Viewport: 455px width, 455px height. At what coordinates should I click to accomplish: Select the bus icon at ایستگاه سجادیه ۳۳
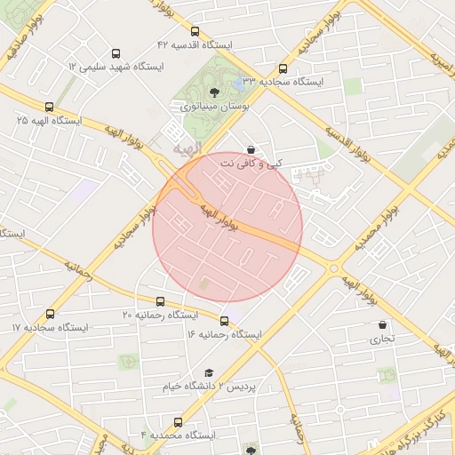coord(283,68)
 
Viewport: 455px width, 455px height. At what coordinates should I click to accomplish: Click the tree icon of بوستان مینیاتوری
coord(213,92)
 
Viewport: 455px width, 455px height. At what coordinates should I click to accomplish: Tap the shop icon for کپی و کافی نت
coord(251,150)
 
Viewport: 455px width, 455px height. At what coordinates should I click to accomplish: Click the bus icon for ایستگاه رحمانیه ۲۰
coord(160,302)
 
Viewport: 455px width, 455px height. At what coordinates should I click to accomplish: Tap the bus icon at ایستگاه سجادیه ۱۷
coord(49,314)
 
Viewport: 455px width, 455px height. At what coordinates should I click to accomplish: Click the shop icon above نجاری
coord(383,325)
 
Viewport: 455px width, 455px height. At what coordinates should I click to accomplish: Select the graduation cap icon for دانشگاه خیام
coord(209,373)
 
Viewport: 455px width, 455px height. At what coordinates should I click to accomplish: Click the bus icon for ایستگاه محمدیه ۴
coord(179,422)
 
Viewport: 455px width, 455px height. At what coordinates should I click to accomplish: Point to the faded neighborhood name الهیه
coord(188,147)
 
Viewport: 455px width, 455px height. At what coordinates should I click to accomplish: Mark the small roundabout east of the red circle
coord(335,268)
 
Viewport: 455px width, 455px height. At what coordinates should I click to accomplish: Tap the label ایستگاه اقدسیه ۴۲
coord(195,44)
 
